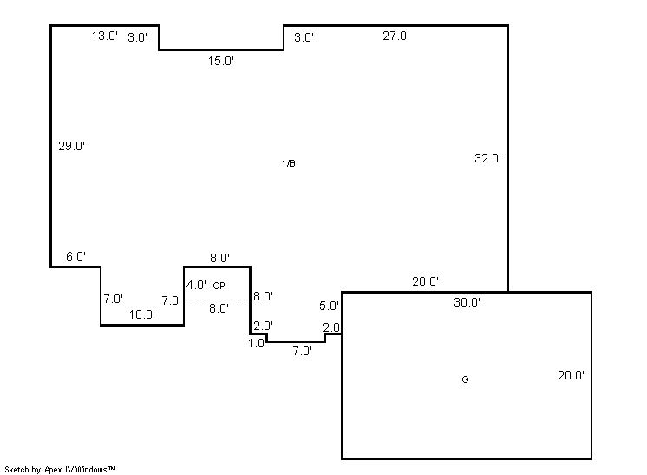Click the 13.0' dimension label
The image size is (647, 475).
click(105, 36)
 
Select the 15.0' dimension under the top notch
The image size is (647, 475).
click(221, 61)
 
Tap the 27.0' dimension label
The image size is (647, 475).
click(395, 36)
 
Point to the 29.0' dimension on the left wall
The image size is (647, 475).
click(71, 146)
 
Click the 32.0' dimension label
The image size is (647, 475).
click(487, 158)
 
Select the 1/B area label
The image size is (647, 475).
click(288, 163)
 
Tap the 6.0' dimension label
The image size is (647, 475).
click(76, 256)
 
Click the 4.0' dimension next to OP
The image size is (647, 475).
click(196, 285)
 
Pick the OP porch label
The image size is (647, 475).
click(219, 286)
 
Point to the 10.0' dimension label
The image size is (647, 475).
click(142, 314)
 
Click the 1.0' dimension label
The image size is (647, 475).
click(256, 343)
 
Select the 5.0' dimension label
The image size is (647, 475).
click(329, 306)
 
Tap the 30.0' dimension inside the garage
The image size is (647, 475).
click(467, 302)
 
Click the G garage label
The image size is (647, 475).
click(465, 379)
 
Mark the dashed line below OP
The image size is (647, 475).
click(217, 300)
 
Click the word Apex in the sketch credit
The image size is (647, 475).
click(52, 470)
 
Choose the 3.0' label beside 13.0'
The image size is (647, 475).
click(137, 37)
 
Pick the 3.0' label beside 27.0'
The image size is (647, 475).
click(304, 37)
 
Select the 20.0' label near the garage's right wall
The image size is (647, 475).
click(571, 375)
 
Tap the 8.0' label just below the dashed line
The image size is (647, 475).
click(219, 308)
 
